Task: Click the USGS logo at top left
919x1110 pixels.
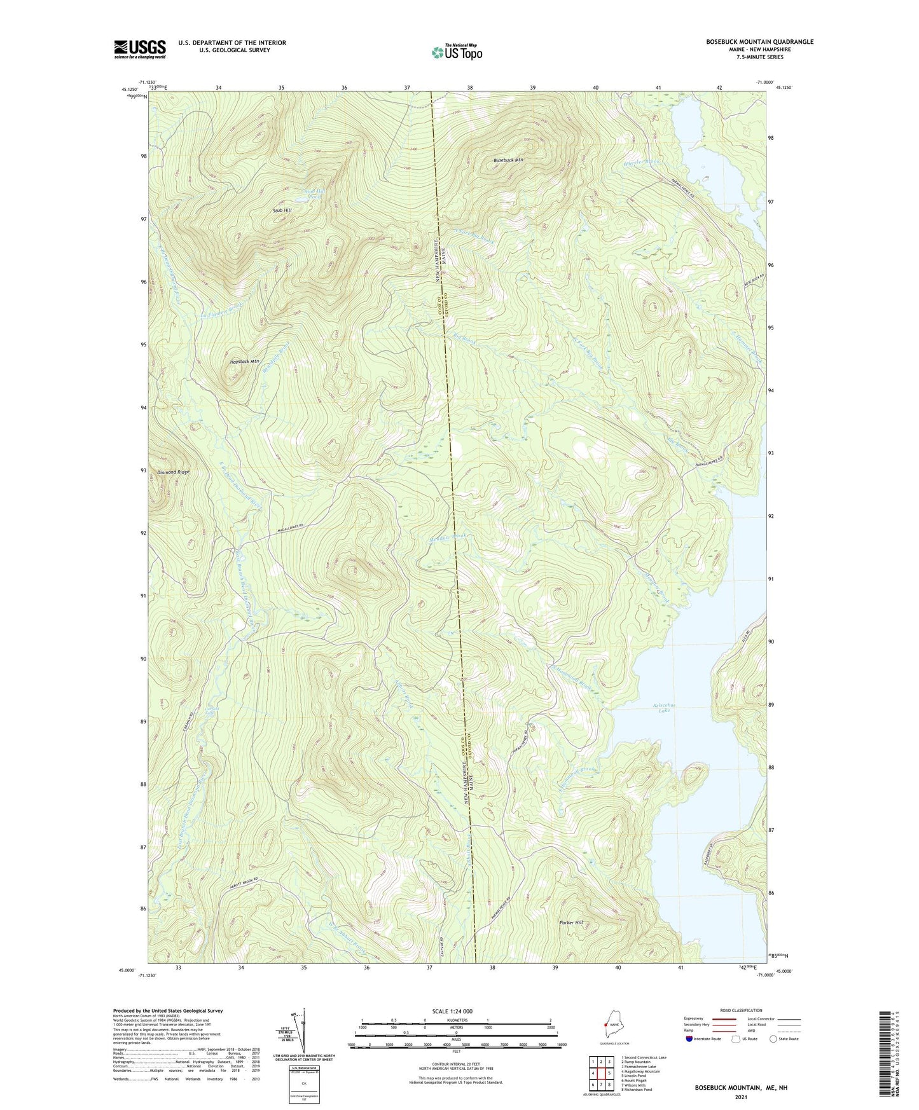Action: tap(140, 49)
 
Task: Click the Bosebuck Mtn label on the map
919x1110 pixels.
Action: tap(509, 161)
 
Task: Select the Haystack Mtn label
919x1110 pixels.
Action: tap(245, 361)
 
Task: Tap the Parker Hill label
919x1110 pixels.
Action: tap(570, 922)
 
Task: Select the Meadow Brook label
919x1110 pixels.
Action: tap(448, 537)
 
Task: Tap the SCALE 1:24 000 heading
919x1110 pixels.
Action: tap(456, 1011)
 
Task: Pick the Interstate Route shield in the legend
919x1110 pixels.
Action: tap(690, 1039)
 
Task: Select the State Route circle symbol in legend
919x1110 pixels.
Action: tap(773, 1039)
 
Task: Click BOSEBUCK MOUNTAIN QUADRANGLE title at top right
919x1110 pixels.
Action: tap(759, 42)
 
